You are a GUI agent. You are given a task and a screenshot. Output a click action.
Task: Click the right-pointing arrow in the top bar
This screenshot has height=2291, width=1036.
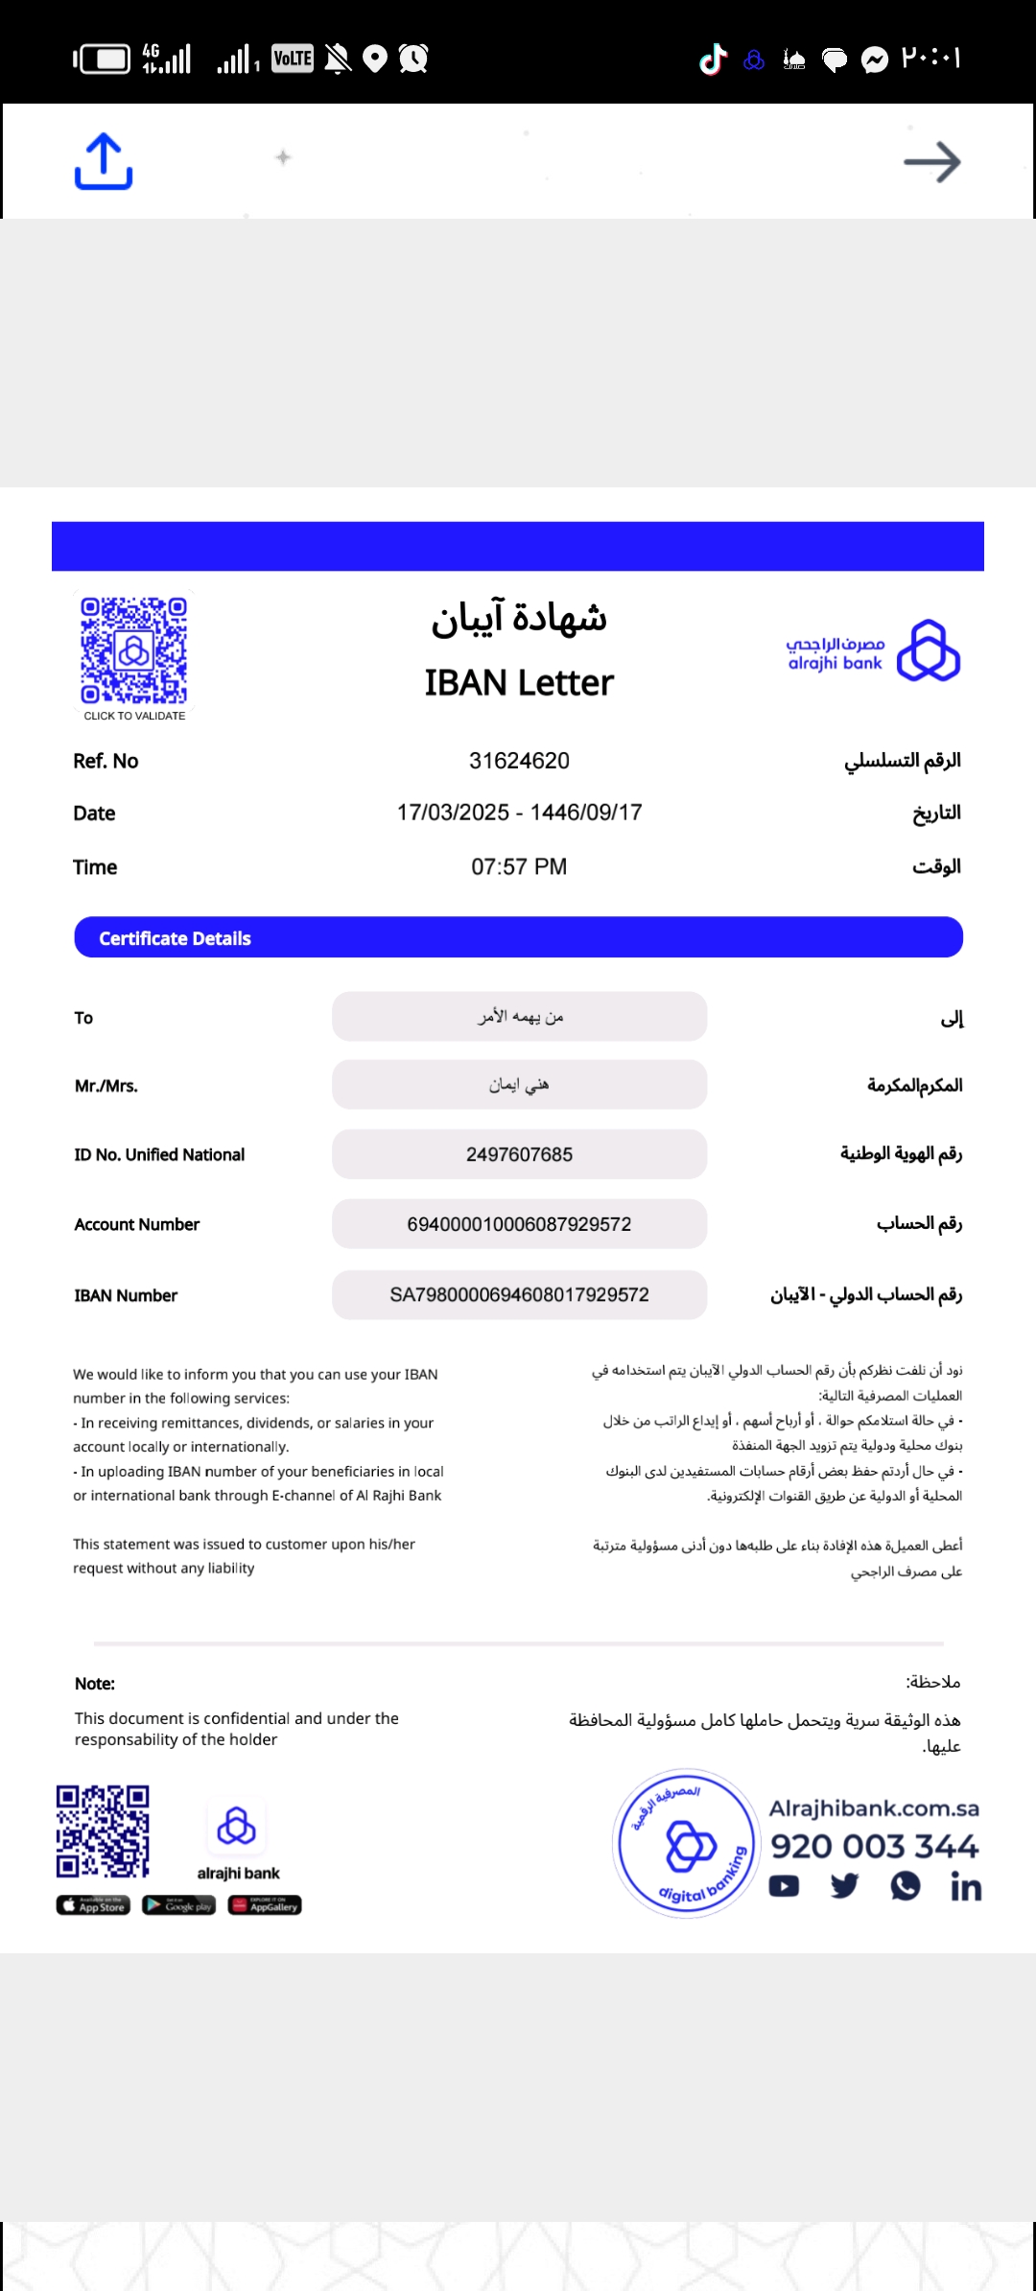click(931, 162)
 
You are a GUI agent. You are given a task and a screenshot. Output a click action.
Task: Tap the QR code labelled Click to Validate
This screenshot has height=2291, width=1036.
click(133, 650)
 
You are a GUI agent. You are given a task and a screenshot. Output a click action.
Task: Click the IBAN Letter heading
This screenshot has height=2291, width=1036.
click(519, 683)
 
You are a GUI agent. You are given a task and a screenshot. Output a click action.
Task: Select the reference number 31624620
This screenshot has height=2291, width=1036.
click(519, 761)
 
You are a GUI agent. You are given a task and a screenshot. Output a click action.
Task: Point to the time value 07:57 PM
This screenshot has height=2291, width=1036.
click(519, 867)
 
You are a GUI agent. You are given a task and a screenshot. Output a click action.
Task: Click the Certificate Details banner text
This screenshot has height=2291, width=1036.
click(175, 938)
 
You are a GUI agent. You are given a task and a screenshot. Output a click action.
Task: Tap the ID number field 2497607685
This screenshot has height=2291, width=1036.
click(519, 1154)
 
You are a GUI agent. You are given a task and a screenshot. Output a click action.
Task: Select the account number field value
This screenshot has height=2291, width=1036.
click(519, 1224)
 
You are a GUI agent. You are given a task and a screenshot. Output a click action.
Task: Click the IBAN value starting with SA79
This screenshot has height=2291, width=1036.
click(519, 1295)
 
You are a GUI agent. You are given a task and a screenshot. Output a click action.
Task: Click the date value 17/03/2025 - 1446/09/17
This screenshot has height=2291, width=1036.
click(519, 813)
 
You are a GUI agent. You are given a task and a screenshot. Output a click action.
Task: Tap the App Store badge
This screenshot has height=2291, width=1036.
click(93, 1905)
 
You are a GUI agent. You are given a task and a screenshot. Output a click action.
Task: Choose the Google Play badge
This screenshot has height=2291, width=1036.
click(179, 1905)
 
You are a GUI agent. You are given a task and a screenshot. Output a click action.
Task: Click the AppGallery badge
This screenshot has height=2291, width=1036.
click(265, 1905)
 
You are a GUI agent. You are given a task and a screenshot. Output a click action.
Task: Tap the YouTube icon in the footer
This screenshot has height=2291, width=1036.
click(784, 1886)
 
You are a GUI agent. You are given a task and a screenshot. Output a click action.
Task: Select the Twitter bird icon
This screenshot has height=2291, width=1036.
click(844, 1886)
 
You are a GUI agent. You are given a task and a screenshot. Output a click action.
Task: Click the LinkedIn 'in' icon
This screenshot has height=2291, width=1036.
click(966, 1887)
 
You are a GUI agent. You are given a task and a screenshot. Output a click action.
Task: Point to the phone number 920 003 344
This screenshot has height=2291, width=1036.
click(874, 1846)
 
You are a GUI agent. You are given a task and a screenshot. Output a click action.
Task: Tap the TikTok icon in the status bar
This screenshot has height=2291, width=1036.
click(713, 59)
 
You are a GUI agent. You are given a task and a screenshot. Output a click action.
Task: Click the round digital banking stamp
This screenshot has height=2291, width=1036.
click(687, 1843)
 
